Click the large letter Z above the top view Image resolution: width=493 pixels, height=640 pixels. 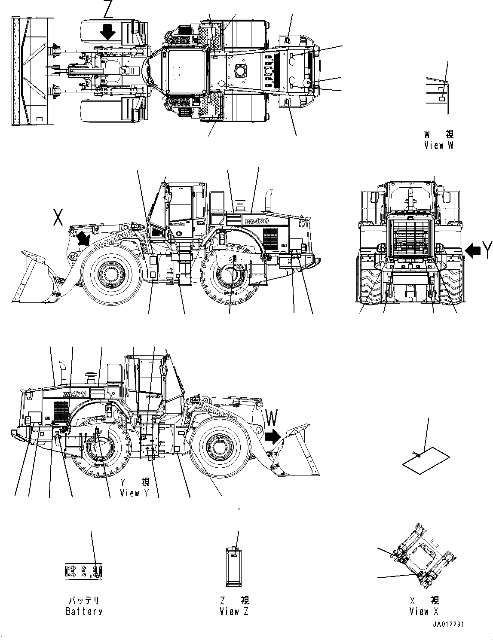tap(107, 9)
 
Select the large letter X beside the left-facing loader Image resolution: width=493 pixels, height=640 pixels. tap(58, 217)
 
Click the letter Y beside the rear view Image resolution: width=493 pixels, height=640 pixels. tap(486, 250)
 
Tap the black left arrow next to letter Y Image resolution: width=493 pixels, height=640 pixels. tap(473, 250)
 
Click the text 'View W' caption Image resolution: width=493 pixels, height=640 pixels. tap(438, 145)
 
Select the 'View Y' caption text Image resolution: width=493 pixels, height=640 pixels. tap(135, 493)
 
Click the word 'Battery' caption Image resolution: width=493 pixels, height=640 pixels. tap(84, 611)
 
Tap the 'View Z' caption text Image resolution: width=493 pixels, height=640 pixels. tap(234, 611)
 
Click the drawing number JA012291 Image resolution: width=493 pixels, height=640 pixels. tap(448, 625)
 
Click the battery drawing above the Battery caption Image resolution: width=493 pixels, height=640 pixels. tap(83, 571)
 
